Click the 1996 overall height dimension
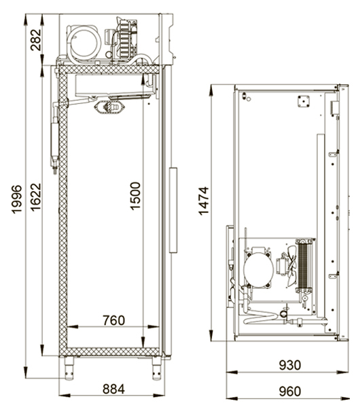click(x=16, y=199)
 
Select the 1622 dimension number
click(x=36, y=197)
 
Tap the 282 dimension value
click(x=36, y=40)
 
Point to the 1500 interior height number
click(x=135, y=196)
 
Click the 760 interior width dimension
click(x=113, y=320)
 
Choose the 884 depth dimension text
click(x=113, y=389)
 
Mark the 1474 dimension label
click(x=204, y=201)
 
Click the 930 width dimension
click(x=289, y=365)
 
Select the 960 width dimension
click(x=289, y=392)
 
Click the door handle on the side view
click(x=173, y=210)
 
